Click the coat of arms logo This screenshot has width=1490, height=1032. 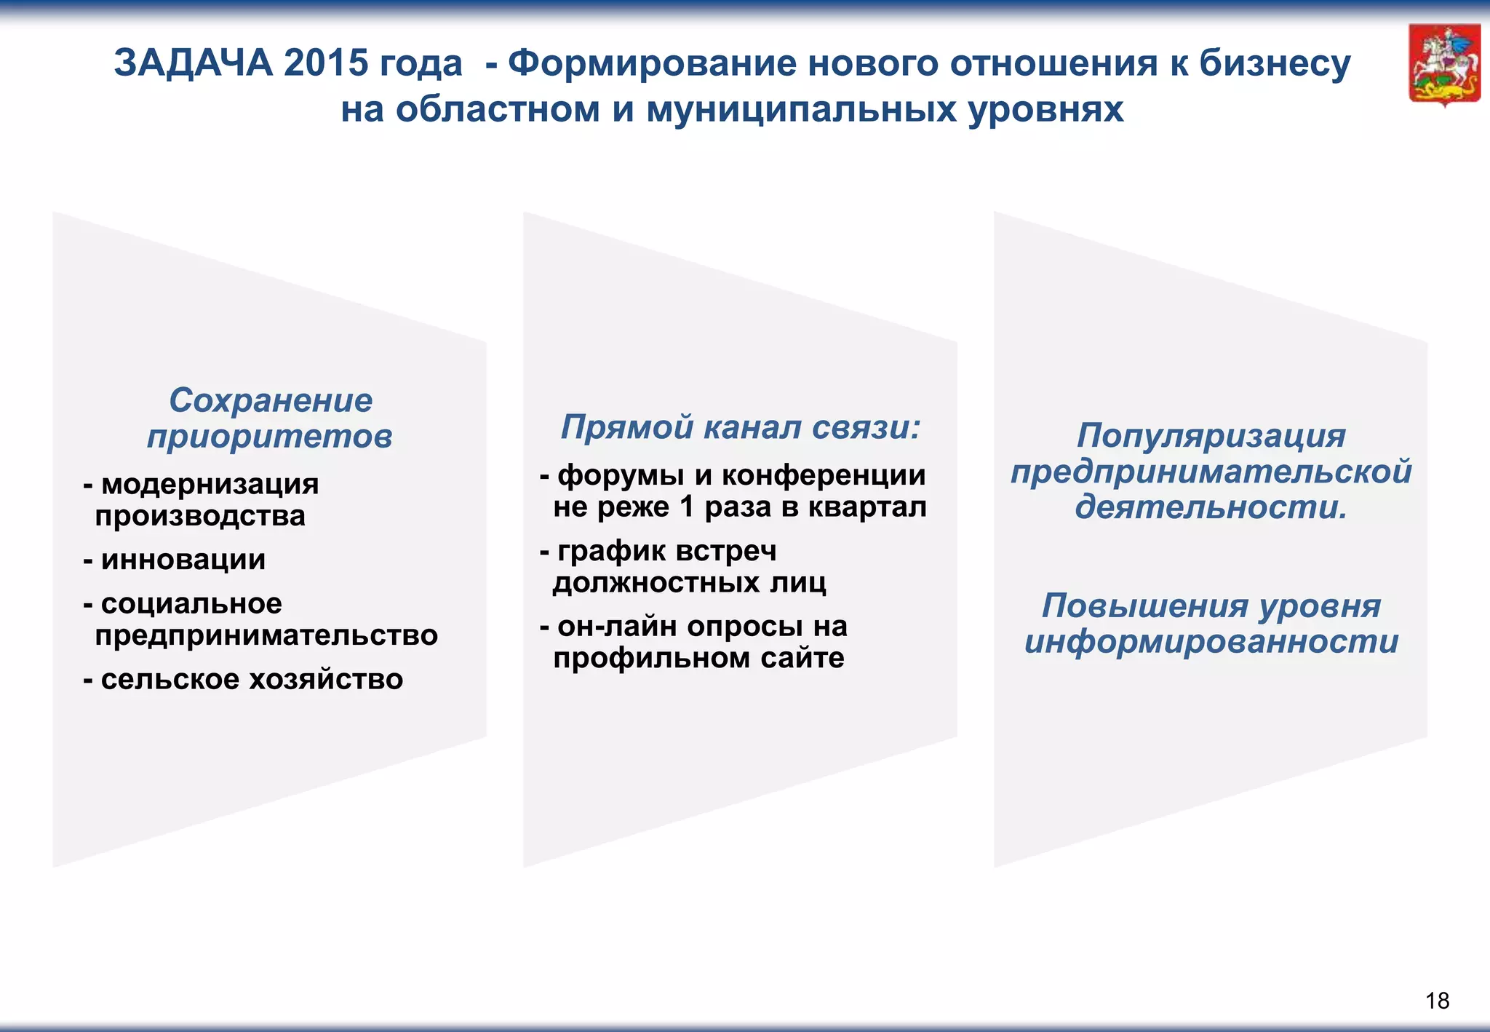[x=1444, y=65]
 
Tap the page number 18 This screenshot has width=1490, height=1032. [x=1437, y=1001]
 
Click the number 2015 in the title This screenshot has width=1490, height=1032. [x=326, y=63]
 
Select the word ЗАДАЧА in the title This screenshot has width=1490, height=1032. [x=193, y=63]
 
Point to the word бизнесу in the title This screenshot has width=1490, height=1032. [x=1274, y=63]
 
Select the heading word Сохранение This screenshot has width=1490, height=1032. [x=271, y=400]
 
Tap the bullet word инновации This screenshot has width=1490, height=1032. [x=183, y=559]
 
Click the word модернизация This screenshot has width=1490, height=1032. [x=210, y=483]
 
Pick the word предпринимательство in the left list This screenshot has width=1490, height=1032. [x=266, y=635]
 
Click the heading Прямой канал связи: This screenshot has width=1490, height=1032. [x=740, y=426]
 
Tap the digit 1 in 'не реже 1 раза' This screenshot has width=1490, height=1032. [x=686, y=507]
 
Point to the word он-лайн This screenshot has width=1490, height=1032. [x=618, y=626]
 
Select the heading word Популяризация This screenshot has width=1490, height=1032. [x=1211, y=435]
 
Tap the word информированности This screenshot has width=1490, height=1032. [x=1211, y=641]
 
